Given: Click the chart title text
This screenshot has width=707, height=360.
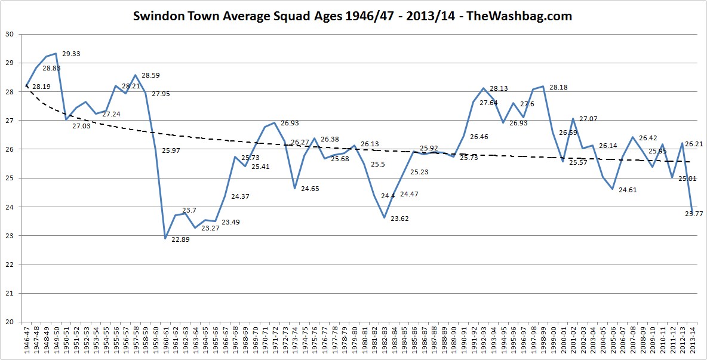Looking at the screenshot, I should click(353, 16).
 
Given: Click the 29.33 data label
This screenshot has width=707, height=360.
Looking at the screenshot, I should click(71, 54).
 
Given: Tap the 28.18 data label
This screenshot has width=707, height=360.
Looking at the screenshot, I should click(558, 88).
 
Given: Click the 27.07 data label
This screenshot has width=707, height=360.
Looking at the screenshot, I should click(588, 119).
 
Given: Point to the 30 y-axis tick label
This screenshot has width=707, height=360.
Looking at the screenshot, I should click(10, 34).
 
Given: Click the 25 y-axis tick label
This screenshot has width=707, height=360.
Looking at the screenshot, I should click(10, 178).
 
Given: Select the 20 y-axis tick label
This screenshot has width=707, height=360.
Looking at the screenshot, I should click(10, 322).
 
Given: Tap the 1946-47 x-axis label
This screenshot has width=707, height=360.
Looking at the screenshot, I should click(26, 341).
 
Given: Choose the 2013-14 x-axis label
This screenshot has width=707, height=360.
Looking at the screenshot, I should click(692, 341).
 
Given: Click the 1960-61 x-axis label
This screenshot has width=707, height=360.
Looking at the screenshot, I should click(165, 341).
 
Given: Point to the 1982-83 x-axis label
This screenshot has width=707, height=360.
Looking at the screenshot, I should click(384, 341).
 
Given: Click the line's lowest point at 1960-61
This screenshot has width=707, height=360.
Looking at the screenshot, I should click(165, 239).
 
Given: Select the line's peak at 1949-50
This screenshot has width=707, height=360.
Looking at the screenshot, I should click(56, 54).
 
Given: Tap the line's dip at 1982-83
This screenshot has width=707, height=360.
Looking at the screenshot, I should click(384, 218).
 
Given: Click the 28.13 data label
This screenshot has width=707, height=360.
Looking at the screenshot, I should click(499, 89).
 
